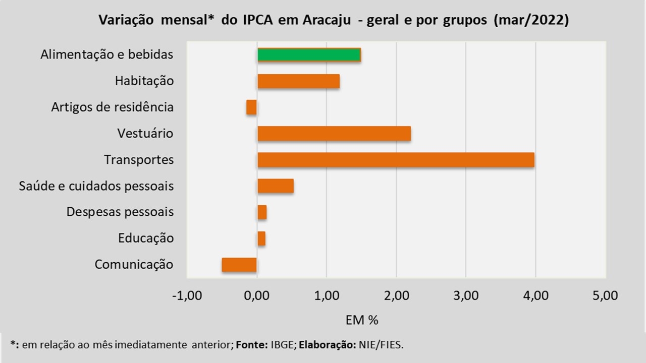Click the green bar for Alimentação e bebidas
(309, 54)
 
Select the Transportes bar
(396, 160)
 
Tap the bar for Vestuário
(334, 134)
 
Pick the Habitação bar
(298, 81)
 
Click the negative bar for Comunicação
(239, 265)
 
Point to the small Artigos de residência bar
(251, 107)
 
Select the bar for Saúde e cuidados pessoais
(275, 186)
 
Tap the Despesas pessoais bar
(262, 212)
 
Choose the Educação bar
(261, 238)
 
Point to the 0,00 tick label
(257, 295)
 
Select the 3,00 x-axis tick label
(466, 295)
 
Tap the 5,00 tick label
(606, 295)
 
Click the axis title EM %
(362, 320)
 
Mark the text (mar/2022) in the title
(532, 21)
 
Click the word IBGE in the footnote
(281, 345)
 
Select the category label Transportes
(139, 160)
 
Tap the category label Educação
(146, 238)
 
